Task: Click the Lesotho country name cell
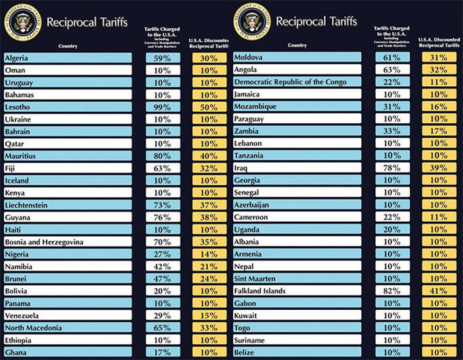tap(68, 107)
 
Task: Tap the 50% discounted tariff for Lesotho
tap(209, 107)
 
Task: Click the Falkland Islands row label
tap(297, 291)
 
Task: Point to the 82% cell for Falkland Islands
tap(392, 291)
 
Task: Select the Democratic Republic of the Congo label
tap(297, 82)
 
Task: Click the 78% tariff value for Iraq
tap(392, 168)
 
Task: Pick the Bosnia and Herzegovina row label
tap(68, 241)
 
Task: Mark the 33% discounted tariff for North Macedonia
tap(209, 327)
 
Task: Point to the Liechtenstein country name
tap(68, 205)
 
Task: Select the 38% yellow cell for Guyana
tap(209, 217)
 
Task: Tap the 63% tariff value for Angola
tap(392, 69)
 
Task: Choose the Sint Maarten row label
tap(297, 278)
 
